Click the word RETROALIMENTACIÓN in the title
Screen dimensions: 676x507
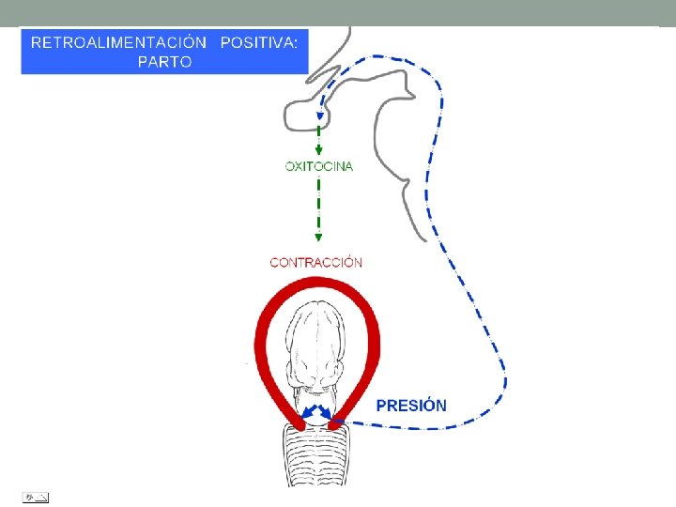coord(118,43)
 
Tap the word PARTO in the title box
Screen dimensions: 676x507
coord(164,62)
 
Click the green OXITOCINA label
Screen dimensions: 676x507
coord(318,166)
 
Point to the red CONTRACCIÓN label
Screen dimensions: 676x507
coord(315,263)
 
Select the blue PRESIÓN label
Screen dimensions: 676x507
coord(411,406)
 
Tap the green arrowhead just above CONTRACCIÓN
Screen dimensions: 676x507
coord(318,239)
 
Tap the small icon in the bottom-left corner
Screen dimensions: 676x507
coord(36,495)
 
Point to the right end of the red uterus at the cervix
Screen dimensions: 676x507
coord(340,422)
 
